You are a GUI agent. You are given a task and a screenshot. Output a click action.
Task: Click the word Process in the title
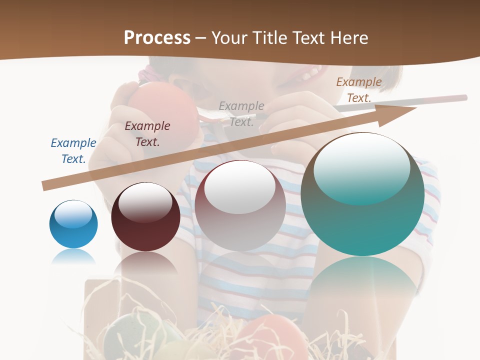pyautogui.click(x=157, y=38)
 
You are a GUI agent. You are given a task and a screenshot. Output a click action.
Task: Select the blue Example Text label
pyautogui.click(x=73, y=150)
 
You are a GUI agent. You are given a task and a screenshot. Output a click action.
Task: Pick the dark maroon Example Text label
pyautogui.click(x=147, y=133)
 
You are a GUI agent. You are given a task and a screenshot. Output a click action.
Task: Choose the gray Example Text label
pyautogui.click(x=241, y=113)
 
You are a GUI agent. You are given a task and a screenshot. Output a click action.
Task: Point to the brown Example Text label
pyautogui.click(x=358, y=90)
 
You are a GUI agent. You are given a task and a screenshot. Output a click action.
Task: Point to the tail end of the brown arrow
pyautogui.click(x=46, y=185)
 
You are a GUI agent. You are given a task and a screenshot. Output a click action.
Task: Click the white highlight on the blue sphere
pyautogui.click(x=73, y=214)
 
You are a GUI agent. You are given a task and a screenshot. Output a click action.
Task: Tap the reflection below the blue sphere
pyautogui.click(x=73, y=257)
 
